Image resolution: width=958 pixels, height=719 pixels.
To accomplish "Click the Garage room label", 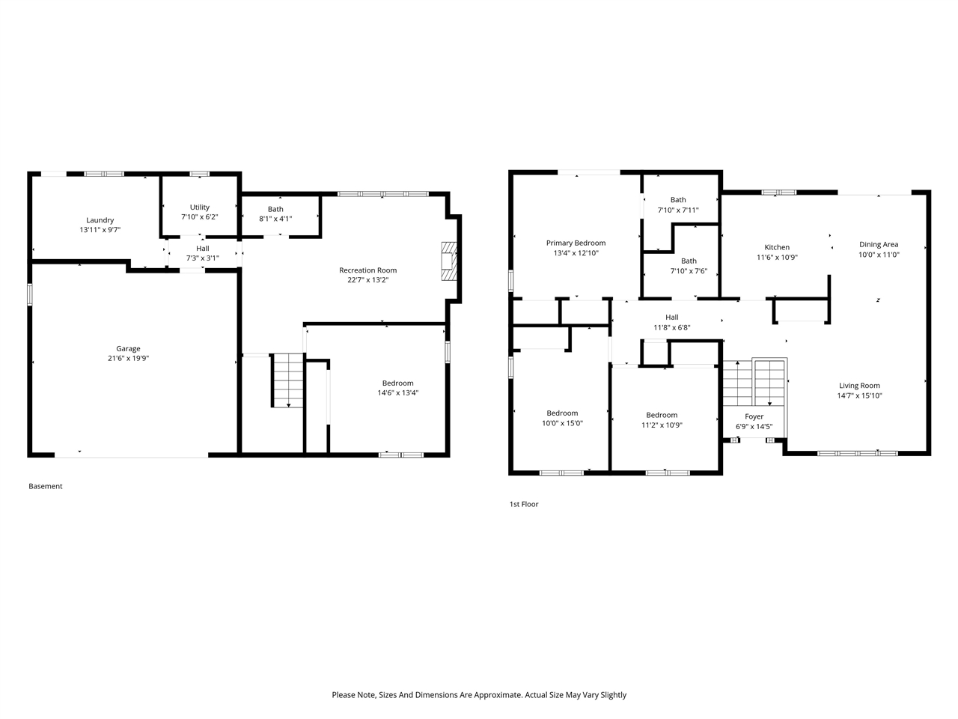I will click(x=128, y=348).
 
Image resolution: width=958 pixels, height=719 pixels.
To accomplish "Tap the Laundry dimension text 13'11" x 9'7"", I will click(x=100, y=230).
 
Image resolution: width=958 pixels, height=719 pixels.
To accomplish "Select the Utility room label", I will click(x=200, y=207).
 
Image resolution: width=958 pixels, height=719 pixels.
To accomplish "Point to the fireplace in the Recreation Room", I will click(x=448, y=261).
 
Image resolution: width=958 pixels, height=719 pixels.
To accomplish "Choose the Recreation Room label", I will click(x=367, y=270).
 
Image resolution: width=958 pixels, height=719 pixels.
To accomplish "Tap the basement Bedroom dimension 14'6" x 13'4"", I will click(x=397, y=392).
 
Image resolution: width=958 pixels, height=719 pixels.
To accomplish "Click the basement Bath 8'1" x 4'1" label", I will click(x=275, y=210).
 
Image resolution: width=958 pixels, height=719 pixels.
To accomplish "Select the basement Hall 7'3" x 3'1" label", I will click(x=203, y=249).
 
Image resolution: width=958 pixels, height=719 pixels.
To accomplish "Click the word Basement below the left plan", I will click(x=46, y=486).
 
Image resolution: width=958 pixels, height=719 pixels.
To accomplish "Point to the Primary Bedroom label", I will click(x=576, y=243).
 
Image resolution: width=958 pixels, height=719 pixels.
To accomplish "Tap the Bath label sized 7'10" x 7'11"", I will click(x=678, y=200).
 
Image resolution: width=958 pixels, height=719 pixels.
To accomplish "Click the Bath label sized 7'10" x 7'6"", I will click(x=689, y=261).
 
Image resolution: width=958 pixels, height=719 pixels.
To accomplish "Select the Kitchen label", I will click(x=777, y=247).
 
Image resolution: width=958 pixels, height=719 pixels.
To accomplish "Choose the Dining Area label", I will click(x=879, y=244).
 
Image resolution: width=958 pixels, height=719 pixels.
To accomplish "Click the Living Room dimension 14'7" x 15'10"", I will click(x=859, y=395).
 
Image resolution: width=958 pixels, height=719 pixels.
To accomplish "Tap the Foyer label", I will click(x=754, y=416).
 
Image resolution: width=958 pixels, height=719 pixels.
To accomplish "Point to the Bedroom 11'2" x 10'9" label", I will click(x=662, y=415).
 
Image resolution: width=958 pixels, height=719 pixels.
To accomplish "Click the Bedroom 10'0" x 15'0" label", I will click(x=562, y=413).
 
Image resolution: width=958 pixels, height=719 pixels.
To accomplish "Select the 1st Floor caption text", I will click(x=524, y=504).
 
